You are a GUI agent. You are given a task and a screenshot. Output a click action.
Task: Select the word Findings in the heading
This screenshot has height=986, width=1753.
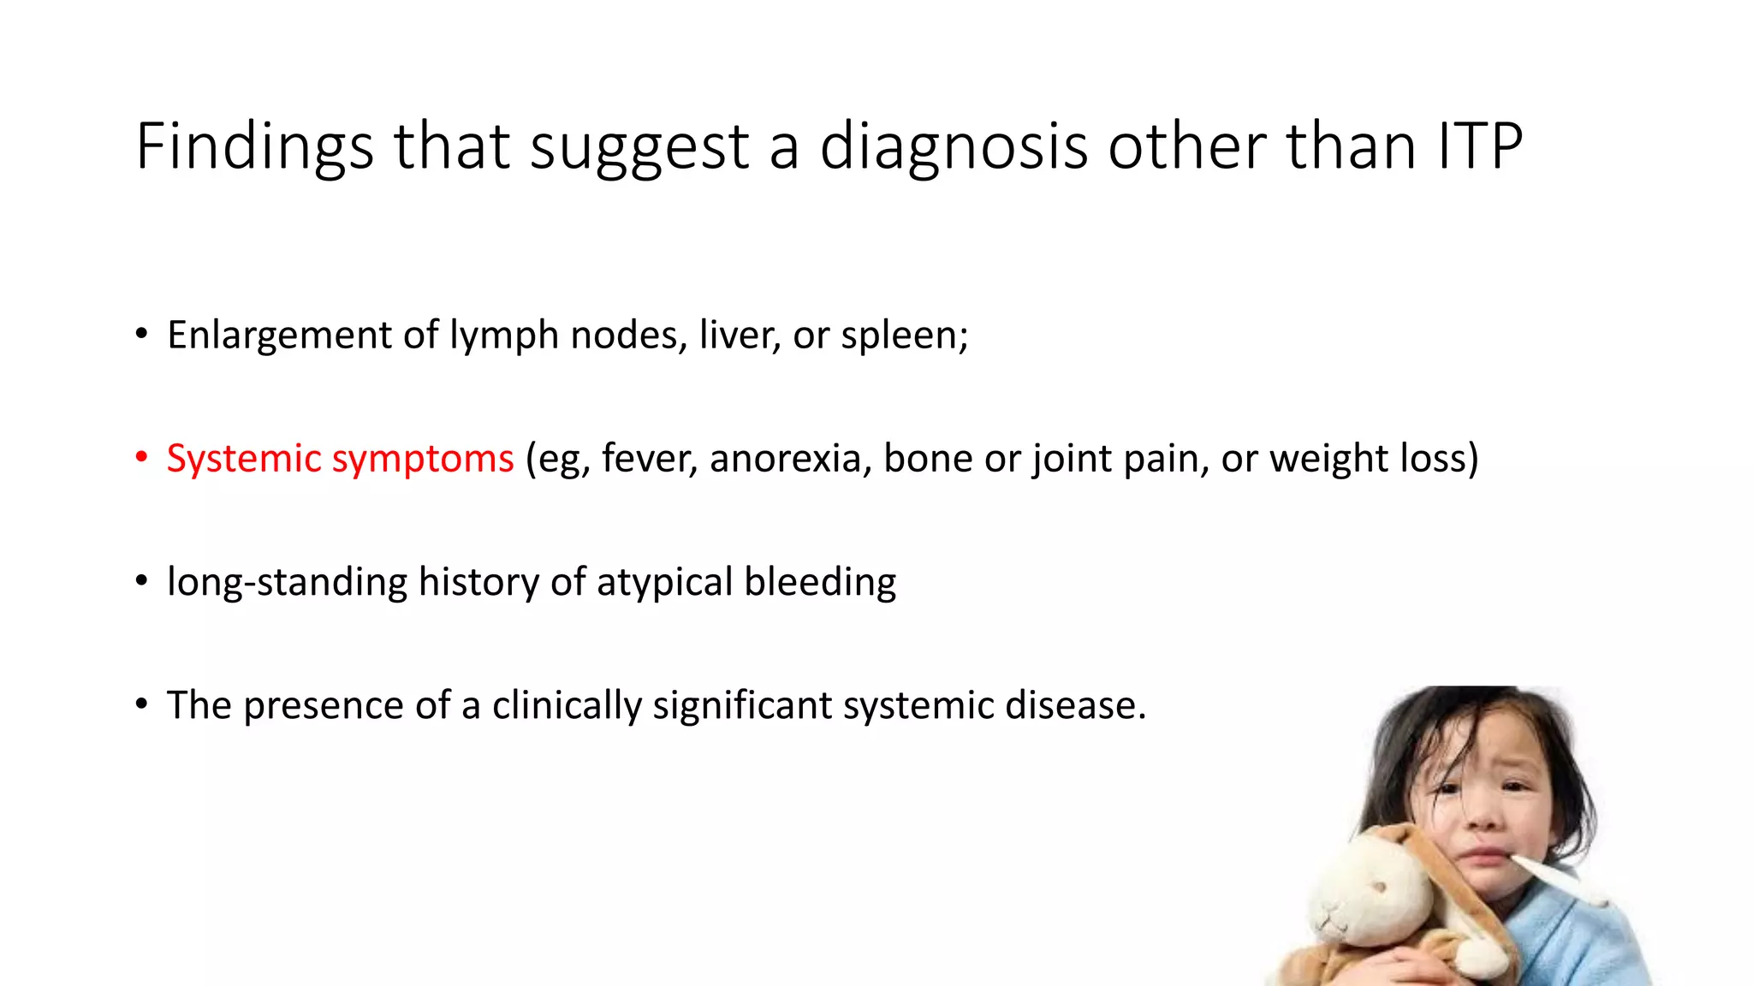[x=255, y=146]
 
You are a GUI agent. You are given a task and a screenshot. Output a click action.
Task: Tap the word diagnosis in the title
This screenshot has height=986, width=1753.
[x=954, y=146]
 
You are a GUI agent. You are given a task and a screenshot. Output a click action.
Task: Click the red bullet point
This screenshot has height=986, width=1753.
[x=141, y=458]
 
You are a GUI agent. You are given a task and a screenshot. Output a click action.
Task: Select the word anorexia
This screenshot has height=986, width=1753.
[x=791, y=458]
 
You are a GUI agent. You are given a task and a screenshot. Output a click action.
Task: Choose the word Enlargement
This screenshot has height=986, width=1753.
[x=279, y=335]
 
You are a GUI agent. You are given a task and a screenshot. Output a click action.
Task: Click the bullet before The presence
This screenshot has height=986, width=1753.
[x=141, y=705]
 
